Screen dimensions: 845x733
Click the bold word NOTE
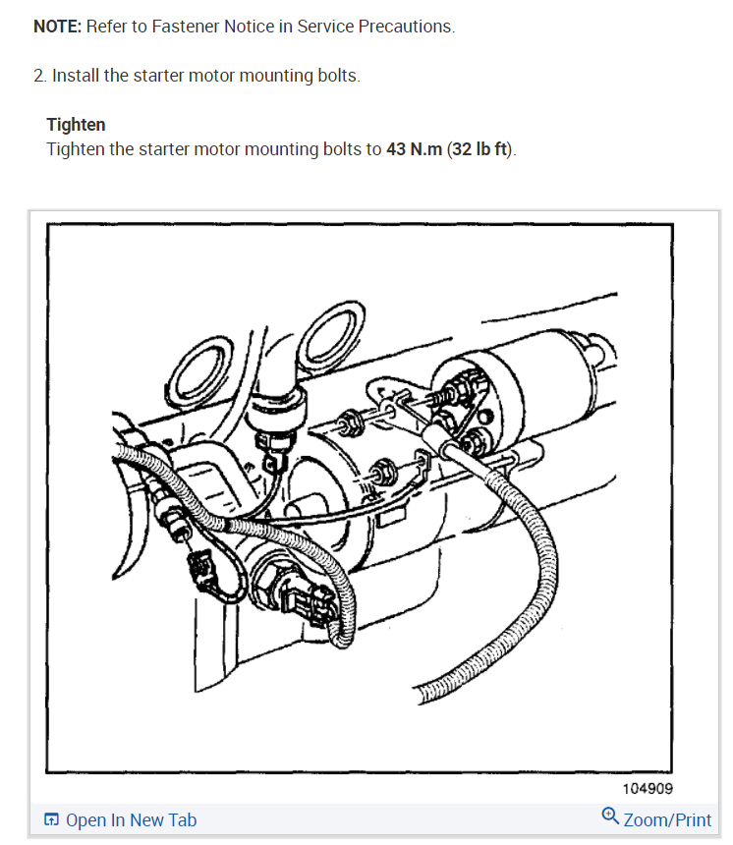coord(57,27)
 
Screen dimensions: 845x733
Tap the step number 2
coord(38,76)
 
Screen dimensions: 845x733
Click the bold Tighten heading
coord(76,125)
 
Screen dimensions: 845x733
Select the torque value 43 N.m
coord(414,149)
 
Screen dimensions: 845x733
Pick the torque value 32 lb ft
coord(480,149)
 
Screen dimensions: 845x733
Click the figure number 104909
coord(647,789)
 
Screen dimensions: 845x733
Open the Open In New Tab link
coord(131,820)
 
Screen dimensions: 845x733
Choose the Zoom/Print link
coord(667,820)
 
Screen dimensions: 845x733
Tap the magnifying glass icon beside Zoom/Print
coord(610,817)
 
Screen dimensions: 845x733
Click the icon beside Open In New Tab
coord(52,820)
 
